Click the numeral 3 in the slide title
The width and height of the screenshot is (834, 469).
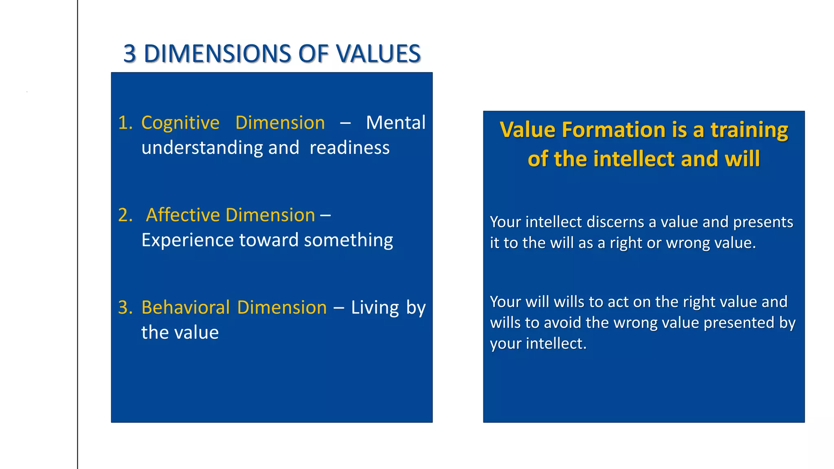coord(129,54)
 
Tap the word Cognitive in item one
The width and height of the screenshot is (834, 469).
coord(180,123)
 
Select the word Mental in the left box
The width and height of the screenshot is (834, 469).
coord(395,123)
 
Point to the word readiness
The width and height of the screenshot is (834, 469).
coord(349,147)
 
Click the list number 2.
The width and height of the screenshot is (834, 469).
coord(125,215)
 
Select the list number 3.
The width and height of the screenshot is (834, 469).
coord(125,307)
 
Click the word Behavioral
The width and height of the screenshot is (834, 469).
coord(186,307)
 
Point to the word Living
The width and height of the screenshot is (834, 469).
coord(375,308)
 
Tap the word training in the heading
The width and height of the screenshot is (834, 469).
coord(749,130)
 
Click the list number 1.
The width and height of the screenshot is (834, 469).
coord(125,123)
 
